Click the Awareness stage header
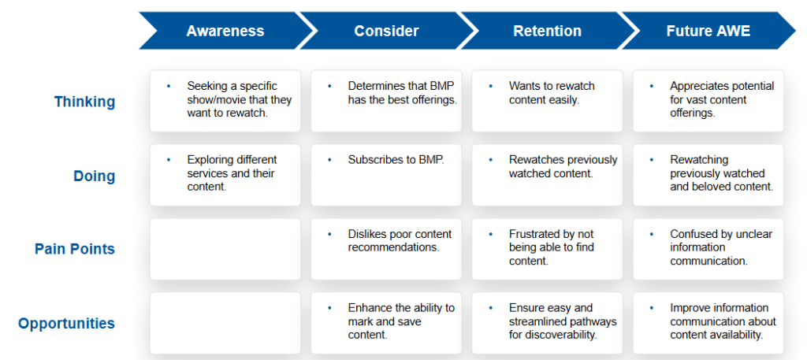[x=225, y=31]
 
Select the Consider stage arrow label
[x=386, y=31]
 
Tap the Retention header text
[x=547, y=31]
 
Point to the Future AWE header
[x=708, y=31]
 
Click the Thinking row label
[x=84, y=102]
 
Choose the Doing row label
[x=95, y=176]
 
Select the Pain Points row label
[x=75, y=250]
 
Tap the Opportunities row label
[x=66, y=324]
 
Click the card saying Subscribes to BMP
[x=386, y=175]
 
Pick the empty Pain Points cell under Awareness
[x=225, y=249]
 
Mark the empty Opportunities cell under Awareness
[x=225, y=323]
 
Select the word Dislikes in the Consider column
[x=366, y=234]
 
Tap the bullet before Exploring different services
[x=169, y=160]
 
